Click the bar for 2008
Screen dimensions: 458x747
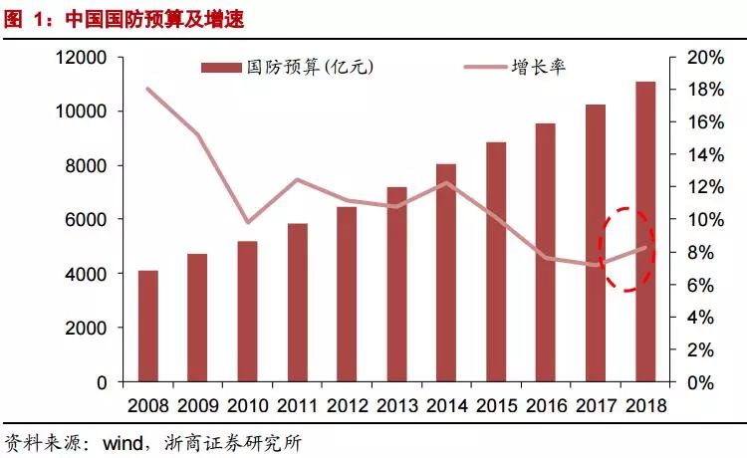[148, 326]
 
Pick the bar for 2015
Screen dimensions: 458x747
[496, 262]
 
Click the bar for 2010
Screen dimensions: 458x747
[248, 311]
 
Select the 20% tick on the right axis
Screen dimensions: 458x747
[705, 58]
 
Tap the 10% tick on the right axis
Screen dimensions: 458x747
[705, 220]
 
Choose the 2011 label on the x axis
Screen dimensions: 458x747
[297, 406]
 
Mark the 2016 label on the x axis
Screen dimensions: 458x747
[546, 406]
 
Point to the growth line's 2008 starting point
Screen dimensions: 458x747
[148, 89]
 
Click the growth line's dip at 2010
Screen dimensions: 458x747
[248, 222]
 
